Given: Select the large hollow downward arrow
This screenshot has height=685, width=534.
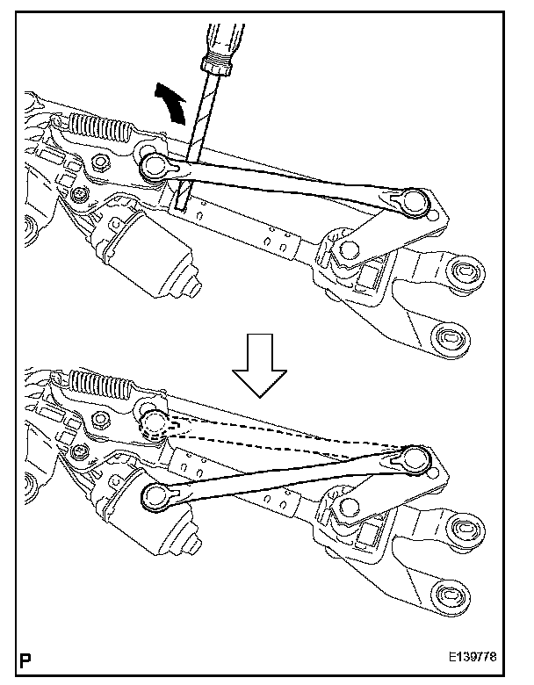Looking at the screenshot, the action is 260,369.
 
